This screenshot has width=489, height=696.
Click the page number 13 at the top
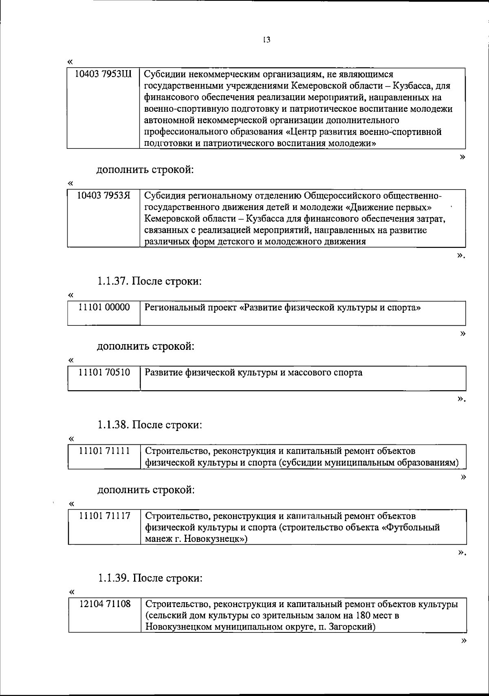pos(267,40)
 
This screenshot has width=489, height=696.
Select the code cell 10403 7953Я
pos(104,196)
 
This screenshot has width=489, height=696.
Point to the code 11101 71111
pos(104,451)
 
